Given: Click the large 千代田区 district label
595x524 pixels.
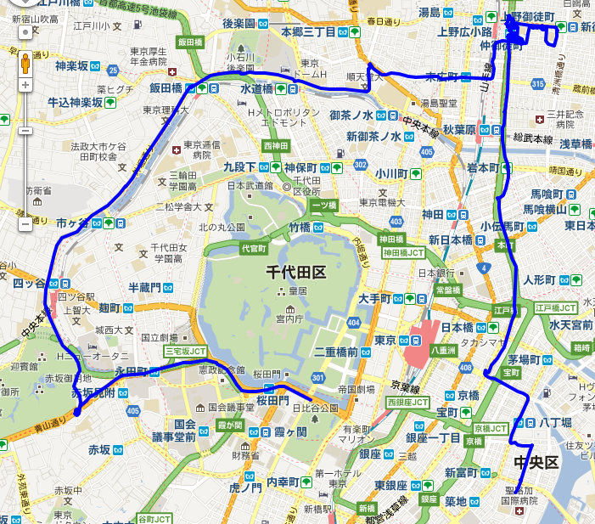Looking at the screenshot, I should [296, 273].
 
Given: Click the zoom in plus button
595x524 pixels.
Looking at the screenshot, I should [25, 85].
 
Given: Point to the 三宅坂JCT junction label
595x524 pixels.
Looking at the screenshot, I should [185, 351].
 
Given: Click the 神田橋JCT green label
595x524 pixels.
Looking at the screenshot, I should [403, 252].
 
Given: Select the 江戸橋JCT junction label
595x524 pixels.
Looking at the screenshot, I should [557, 306].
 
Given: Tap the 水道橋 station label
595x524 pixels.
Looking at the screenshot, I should [255, 88].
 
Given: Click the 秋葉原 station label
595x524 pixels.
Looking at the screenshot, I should [465, 130].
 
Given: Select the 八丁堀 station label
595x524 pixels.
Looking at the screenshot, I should [555, 422].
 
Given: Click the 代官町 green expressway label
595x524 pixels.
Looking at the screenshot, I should [253, 249].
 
